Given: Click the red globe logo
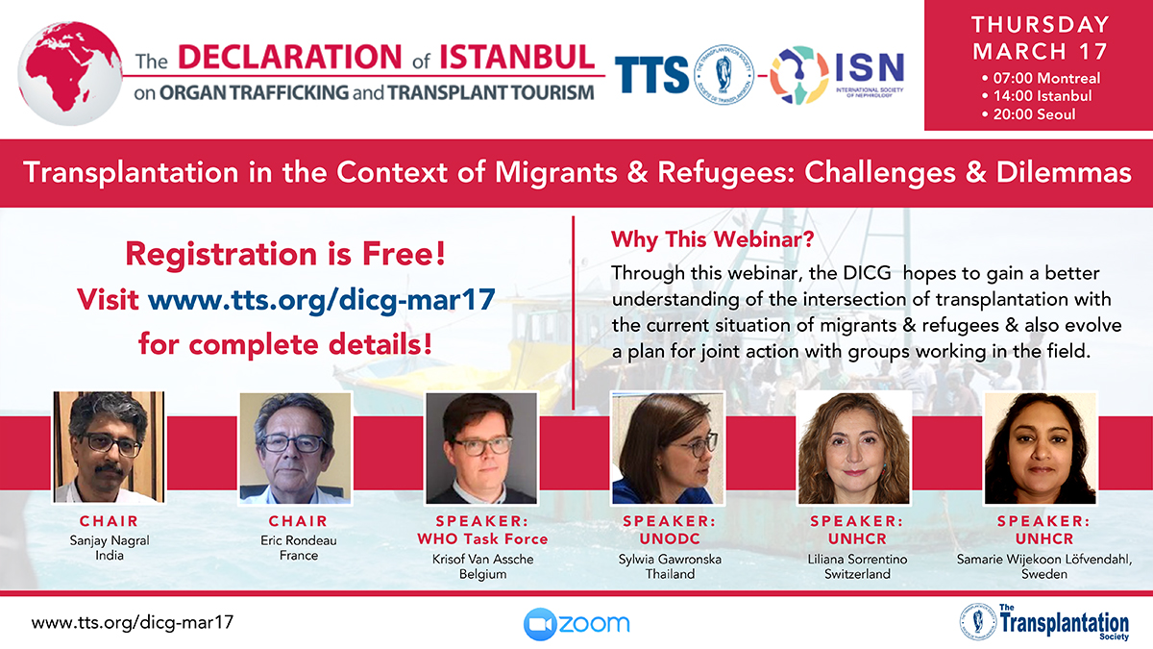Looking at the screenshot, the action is (70, 73).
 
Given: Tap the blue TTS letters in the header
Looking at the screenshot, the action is (651, 75).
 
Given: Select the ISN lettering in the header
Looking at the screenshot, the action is (870, 67).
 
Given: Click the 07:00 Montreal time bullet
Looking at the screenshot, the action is (1041, 78).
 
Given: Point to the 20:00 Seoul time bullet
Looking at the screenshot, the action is (1028, 114).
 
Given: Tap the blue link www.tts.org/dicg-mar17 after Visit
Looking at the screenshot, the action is (322, 300).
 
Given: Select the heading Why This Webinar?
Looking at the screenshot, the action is (712, 239).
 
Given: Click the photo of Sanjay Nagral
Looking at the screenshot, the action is (110, 447).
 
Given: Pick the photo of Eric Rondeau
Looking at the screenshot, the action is (296, 448).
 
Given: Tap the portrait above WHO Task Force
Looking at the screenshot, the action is (481, 448).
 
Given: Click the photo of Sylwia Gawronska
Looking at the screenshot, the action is (668, 448).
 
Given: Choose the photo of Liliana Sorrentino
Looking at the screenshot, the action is (854, 448).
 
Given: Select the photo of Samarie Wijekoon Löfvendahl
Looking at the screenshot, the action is (1041, 448).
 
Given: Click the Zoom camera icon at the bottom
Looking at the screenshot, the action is (539, 624).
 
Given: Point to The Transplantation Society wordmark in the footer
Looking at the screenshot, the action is (1063, 622).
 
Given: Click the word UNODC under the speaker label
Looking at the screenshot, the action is (670, 538).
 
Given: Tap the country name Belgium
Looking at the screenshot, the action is (482, 574).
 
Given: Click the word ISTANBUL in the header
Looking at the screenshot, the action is (517, 57).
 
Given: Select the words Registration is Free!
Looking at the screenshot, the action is (285, 254).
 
